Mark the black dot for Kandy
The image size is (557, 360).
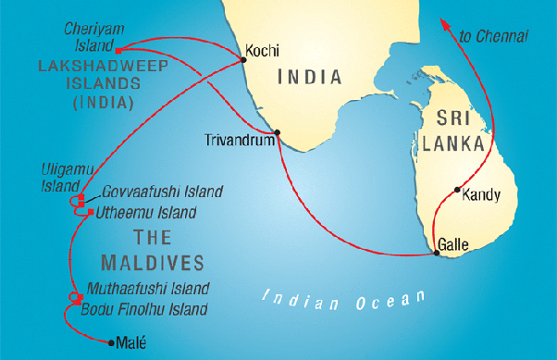point(458,191)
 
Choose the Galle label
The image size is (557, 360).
point(457,244)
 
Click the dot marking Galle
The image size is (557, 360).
point(436,250)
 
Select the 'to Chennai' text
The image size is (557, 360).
point(493,37)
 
